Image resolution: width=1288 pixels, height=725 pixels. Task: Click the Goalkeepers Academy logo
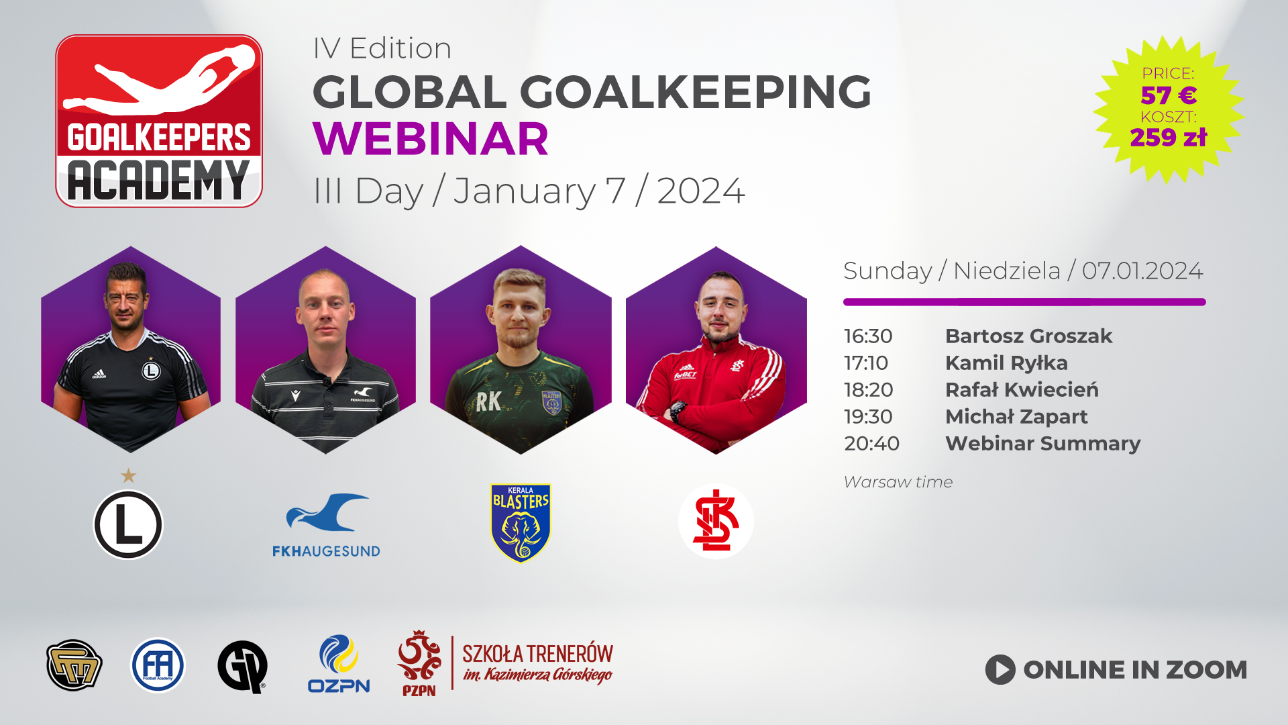click(x=159, y=121)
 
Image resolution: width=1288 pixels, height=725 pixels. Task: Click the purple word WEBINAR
click(x=431, y=139)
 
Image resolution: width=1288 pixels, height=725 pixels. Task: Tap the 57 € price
click(x=1169, y=95)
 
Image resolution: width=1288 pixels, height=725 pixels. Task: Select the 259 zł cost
click(x=1169, y=138)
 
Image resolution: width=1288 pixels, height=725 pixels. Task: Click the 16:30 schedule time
click(x=868, y=336)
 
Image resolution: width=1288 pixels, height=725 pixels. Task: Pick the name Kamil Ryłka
click(x=1006, y=362)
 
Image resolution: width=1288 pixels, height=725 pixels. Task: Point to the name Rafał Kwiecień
click(x=1022, y=389)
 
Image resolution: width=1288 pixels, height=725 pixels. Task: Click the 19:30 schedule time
click(x=868, y=416)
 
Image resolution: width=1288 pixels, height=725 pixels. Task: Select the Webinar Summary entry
click(x=1042, y=443)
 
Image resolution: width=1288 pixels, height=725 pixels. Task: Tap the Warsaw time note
click(x=898, y=482)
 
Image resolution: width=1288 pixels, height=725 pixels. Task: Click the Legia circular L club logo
click(x=128, y=524)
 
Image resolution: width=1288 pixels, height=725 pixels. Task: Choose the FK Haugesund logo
click(x=326, y=526)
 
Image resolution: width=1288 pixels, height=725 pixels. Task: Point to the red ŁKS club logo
click(x=716, y=522)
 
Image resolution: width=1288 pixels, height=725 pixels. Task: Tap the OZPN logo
click(x=339, y=664)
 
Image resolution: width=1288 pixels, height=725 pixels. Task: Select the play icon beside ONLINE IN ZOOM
click(x=1000, y=670)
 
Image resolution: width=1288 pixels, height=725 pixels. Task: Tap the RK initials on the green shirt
click(x=488, y=401)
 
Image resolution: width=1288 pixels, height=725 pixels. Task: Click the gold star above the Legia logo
click(x=128, y=476)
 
